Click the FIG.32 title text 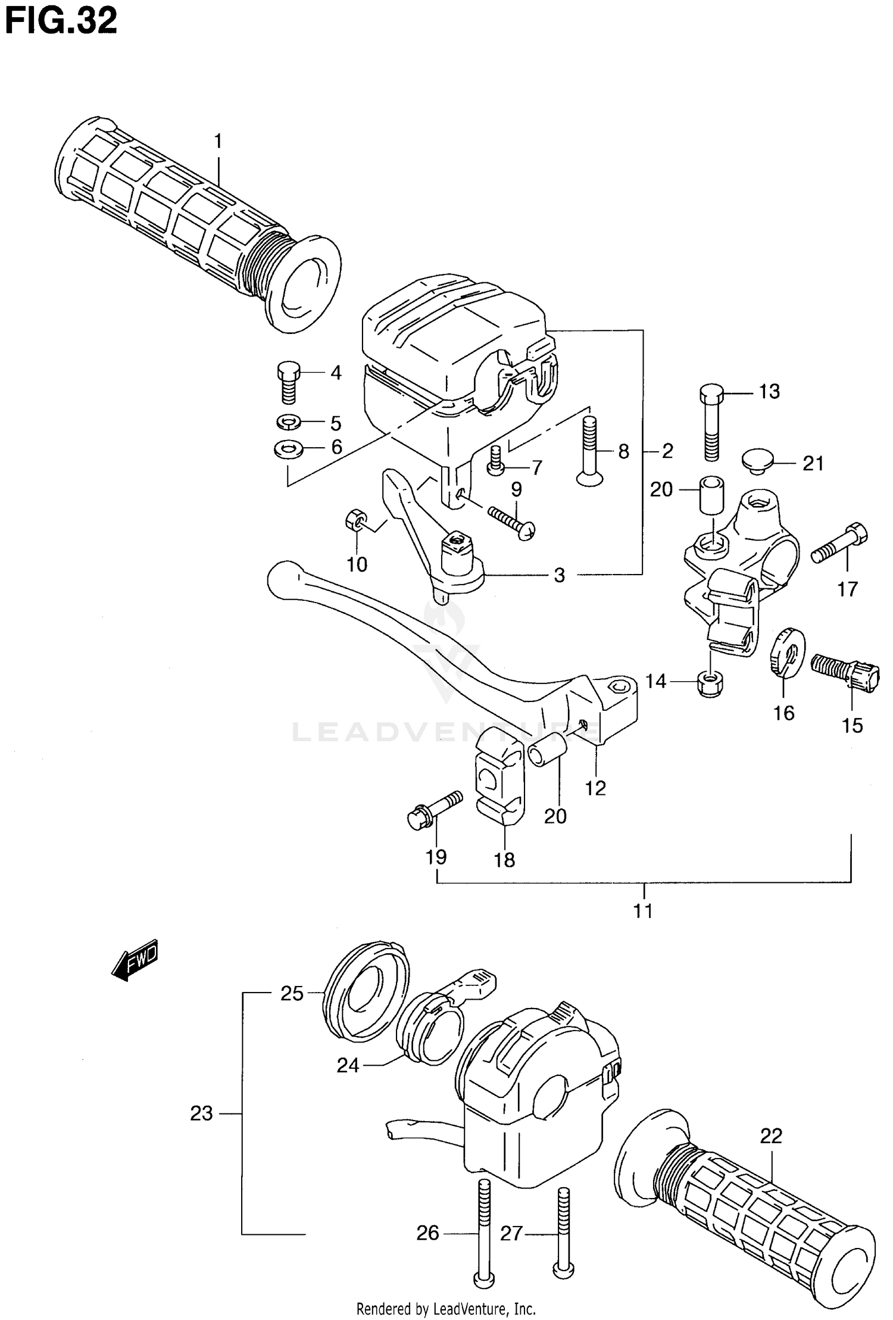click(61, 23)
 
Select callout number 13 click(769, 391)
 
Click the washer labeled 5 click(289, 423)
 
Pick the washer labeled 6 click(288, 447)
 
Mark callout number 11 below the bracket click(643, 910)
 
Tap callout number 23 click(201, 1113)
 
